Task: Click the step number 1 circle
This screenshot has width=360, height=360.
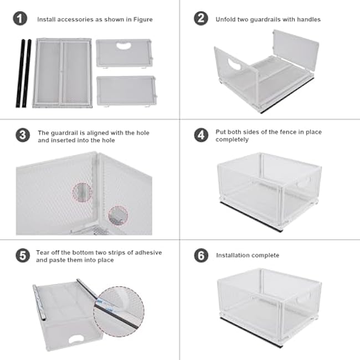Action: [20, 19]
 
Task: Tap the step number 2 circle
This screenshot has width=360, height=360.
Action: [200, 19]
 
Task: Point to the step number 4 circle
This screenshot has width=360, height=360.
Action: [200, 135]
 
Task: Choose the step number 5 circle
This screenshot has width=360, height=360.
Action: [23, 256]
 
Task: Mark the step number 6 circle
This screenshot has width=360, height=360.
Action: [200, 255]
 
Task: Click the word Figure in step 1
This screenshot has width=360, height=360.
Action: [143, 19]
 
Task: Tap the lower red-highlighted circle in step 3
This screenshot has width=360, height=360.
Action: [117, 215]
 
